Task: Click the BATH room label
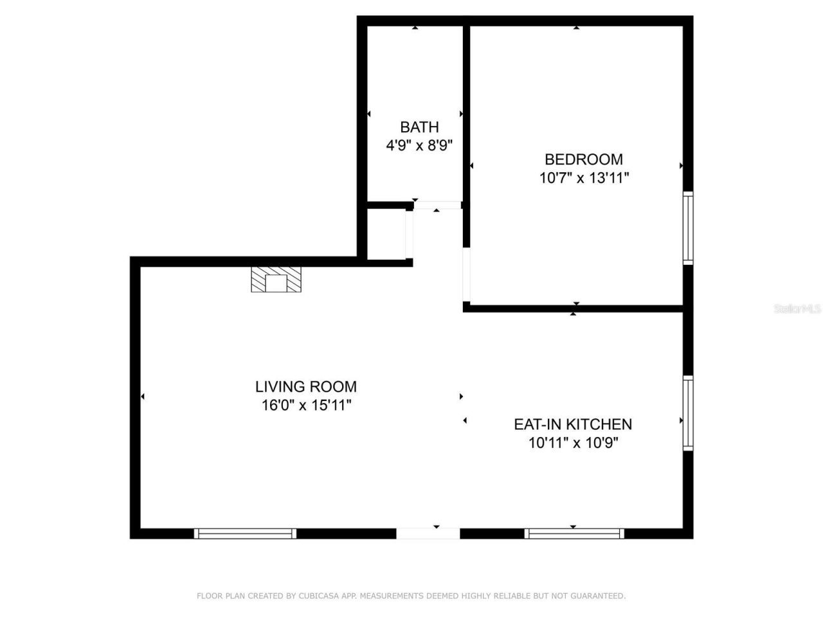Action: [419, 127]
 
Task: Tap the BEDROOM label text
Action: [583, 159]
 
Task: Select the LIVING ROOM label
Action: [305, 386]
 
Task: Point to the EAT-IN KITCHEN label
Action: [572, 424]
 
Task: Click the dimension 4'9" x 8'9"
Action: [419, 146]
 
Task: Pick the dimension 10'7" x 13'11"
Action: [583, 178]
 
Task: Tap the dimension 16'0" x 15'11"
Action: [305, 406]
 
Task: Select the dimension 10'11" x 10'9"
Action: [572, 443]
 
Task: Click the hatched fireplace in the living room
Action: [276, 280]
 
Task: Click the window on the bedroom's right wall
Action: [688, 228]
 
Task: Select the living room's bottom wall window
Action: [245, 533]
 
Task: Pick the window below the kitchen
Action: [574, 533]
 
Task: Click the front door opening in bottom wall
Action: [428, 533]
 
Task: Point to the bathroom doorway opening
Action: [438, 205]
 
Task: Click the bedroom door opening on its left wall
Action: [467, 276]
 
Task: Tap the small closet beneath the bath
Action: [386, 235]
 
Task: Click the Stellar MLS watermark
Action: [797, 309]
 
